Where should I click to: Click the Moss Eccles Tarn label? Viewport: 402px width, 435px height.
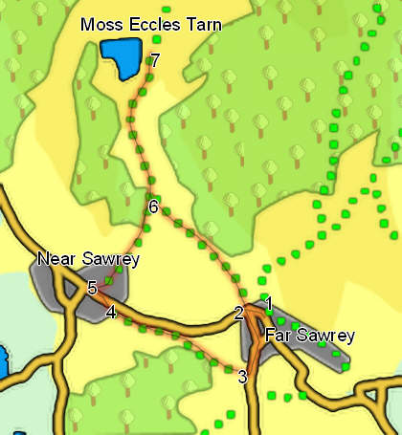pos(151,25)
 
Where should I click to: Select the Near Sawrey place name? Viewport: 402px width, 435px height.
pos(89,259)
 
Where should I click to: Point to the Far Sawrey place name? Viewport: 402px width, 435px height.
pos(309,336)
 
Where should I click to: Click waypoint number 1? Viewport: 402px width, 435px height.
pos(269,304)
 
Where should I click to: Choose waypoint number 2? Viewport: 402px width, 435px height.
pos(238,314)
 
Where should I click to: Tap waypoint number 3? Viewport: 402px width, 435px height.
pos(242,377)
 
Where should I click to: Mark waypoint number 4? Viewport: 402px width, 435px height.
pos(111,313)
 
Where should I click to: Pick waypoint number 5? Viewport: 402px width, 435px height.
pos(92,288)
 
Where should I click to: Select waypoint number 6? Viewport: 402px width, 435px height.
pos(152,207)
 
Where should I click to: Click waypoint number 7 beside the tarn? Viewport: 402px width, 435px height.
pos(155,60)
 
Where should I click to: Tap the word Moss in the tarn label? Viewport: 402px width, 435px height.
pos(100,25)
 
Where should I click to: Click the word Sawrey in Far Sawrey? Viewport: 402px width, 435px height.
pos(326,336)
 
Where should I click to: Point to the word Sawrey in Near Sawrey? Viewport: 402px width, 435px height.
pos(110,259)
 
